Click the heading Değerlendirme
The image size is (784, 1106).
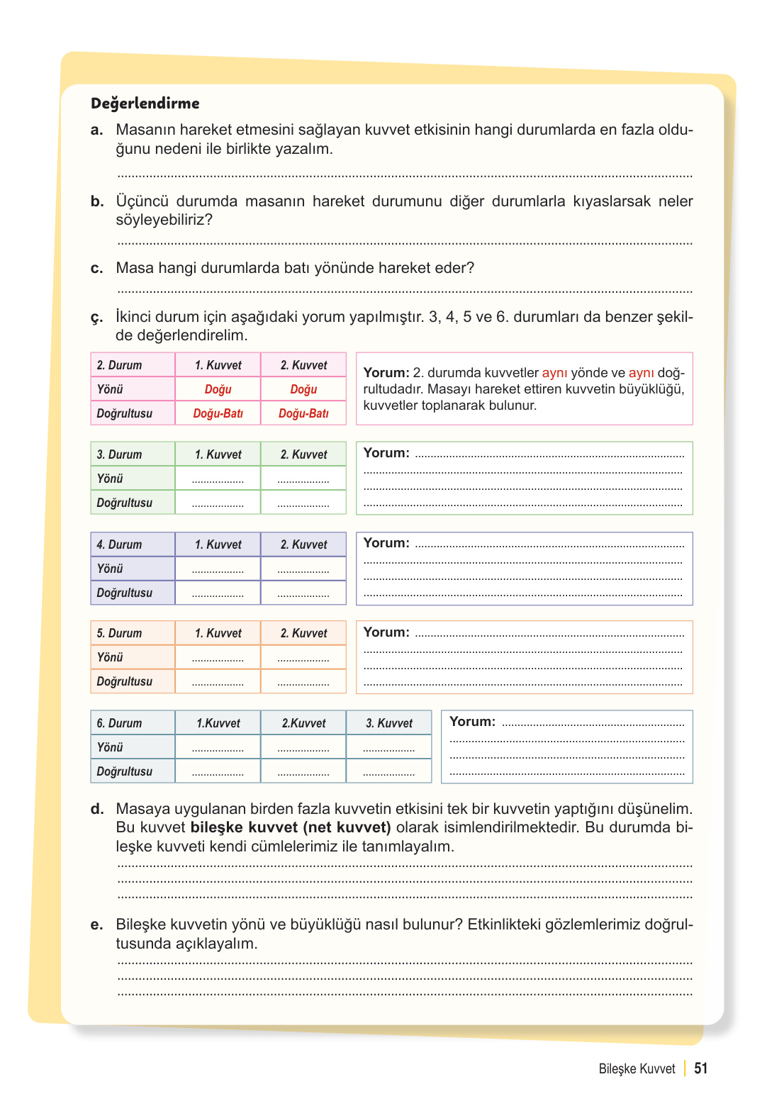[x=145, y=104]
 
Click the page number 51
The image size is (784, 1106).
[x=700, y=1068]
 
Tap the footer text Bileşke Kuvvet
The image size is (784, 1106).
[x=637, y=1069]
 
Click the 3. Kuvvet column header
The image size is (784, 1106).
[x=388, y=723]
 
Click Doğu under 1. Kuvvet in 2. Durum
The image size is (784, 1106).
[x=218, y=389]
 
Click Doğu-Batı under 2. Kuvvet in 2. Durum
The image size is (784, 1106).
[x=303, y=413]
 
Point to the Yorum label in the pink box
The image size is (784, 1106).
[x=386, y=373]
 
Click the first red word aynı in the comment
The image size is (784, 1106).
[x=554, y=373]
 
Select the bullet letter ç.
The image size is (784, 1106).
[x=96, y=318]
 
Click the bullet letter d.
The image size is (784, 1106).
[x=96, y=809]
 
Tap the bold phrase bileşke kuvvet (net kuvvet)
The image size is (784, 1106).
[x=291, y=827]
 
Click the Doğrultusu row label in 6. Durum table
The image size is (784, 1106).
[x=125, y=771]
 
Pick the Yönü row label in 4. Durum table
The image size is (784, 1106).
[x=110, y=569]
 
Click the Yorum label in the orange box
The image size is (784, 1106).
[x=386, y=632]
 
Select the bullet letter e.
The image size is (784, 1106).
[x=96, y=925]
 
